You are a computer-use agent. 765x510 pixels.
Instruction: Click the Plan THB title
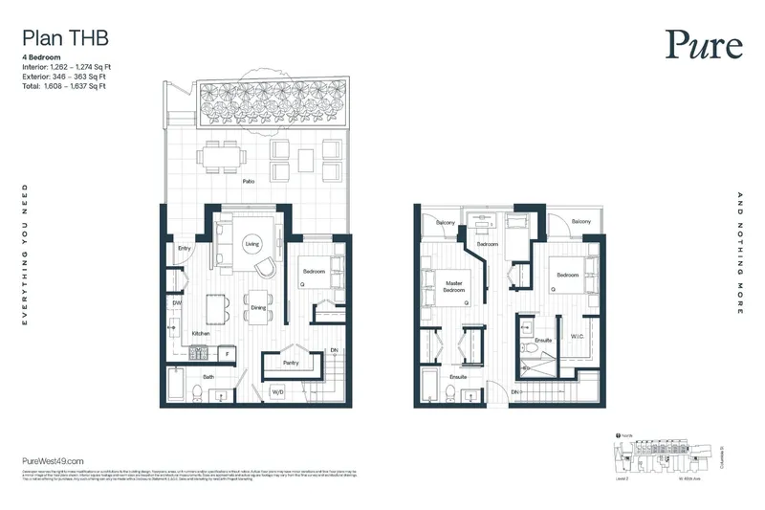[63, 39]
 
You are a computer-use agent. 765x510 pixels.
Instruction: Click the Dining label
[258, 308]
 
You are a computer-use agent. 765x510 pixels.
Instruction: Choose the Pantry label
[293, 364]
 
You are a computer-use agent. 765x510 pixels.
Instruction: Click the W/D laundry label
[279, 392]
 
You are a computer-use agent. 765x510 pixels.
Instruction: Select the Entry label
[186, 250]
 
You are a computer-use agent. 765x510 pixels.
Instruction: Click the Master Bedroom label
[454, 287]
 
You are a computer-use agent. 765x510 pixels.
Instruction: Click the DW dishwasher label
[177, 303]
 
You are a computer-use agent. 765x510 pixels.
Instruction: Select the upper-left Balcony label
[447, 223]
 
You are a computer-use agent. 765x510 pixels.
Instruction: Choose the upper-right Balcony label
[580, 222]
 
